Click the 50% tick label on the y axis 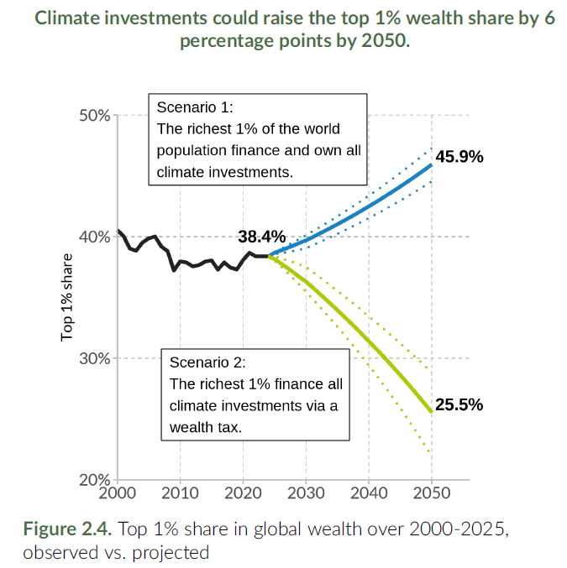pyautogui.click(x=93, y=115)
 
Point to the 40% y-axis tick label pyautogui.click(x=93, y=237)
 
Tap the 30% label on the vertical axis pyautogui.click(x=93, y=358)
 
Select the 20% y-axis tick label pyautogui.click(x=93, y=480)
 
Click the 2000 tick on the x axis pyautogui.click(x=118, y=492)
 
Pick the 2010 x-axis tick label pyautogui.click(x=180, y=492)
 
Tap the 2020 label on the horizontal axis pyautogui.click(x=243, y=492)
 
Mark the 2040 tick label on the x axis pyautogui.click(x=368, y=492)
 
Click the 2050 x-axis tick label pyautogui.click(x=431, y=492)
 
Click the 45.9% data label pyautogui.click(x=459, y=157)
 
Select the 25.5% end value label pyautogui.click(x=459, y=404)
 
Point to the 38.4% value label pyautogui.click(x=262, y=237)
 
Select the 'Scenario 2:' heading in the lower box pyautogui.click(x=207, y=362)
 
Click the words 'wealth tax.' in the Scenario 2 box pyautogui.click(x=206, y=426)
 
